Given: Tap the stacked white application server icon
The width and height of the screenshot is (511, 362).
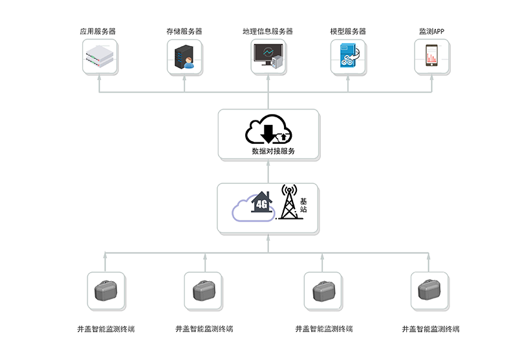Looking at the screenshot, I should coord(100,58).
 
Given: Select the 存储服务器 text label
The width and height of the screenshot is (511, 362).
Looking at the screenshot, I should coord(184,31).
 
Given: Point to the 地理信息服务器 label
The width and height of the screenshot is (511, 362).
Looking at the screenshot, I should coord(268,31).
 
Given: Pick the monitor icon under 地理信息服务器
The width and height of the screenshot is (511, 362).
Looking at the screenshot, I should coord(266,56).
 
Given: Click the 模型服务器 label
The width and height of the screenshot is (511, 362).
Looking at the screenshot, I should coord(348,31).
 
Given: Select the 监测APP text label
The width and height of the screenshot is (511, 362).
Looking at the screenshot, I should coord(431,31).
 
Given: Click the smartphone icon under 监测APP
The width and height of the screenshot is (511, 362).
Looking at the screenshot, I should coord(431,56).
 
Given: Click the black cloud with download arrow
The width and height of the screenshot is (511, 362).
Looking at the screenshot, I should coord(268,130).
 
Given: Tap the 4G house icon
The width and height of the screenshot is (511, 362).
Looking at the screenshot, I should coord(261,203).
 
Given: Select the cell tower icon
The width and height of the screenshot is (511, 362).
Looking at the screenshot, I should coord(288,202).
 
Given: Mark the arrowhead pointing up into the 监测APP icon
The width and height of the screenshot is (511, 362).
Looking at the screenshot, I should coord(431,78).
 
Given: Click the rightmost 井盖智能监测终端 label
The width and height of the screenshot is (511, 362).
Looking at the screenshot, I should coord(430,329).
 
